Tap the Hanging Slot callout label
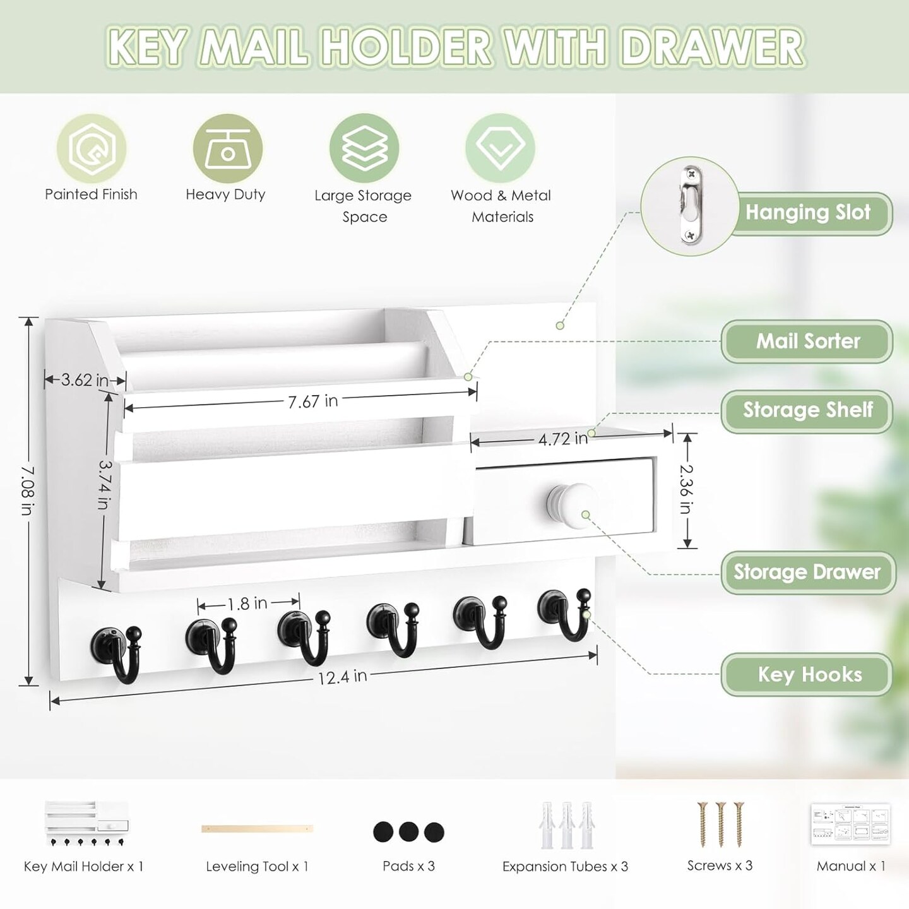click(x=808, y=213)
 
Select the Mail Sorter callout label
click(x=807, y=342)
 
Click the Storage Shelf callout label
click(x=807, y=410)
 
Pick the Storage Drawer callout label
click(x=807, y=573)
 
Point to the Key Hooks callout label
click(x=809, y=674)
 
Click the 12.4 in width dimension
click(x=342, y=677)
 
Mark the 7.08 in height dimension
click(x=27, y=490)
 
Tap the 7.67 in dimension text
click(x=312, y=401)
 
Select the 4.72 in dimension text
click(x=562, y=439)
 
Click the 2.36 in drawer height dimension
click(x=687, y=489)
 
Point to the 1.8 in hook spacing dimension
click(x=247, y=604)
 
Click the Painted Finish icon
click(x=92, y=148)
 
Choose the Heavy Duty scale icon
click(x=227, y=148)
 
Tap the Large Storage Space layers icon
click(x=364, y=148)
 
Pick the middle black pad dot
click(x=408, y=831)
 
